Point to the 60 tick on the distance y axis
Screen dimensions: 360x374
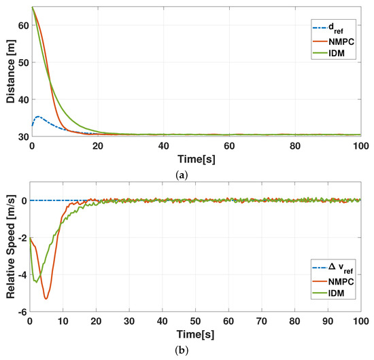coord(23,25)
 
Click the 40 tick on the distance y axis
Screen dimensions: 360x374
coord(23,99)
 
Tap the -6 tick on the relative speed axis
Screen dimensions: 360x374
coord(22,312)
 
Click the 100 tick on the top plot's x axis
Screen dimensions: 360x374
coord(360,145)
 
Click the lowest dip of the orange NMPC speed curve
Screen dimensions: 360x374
coord(46,298)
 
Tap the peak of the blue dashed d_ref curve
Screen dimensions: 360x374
coord(37,117)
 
